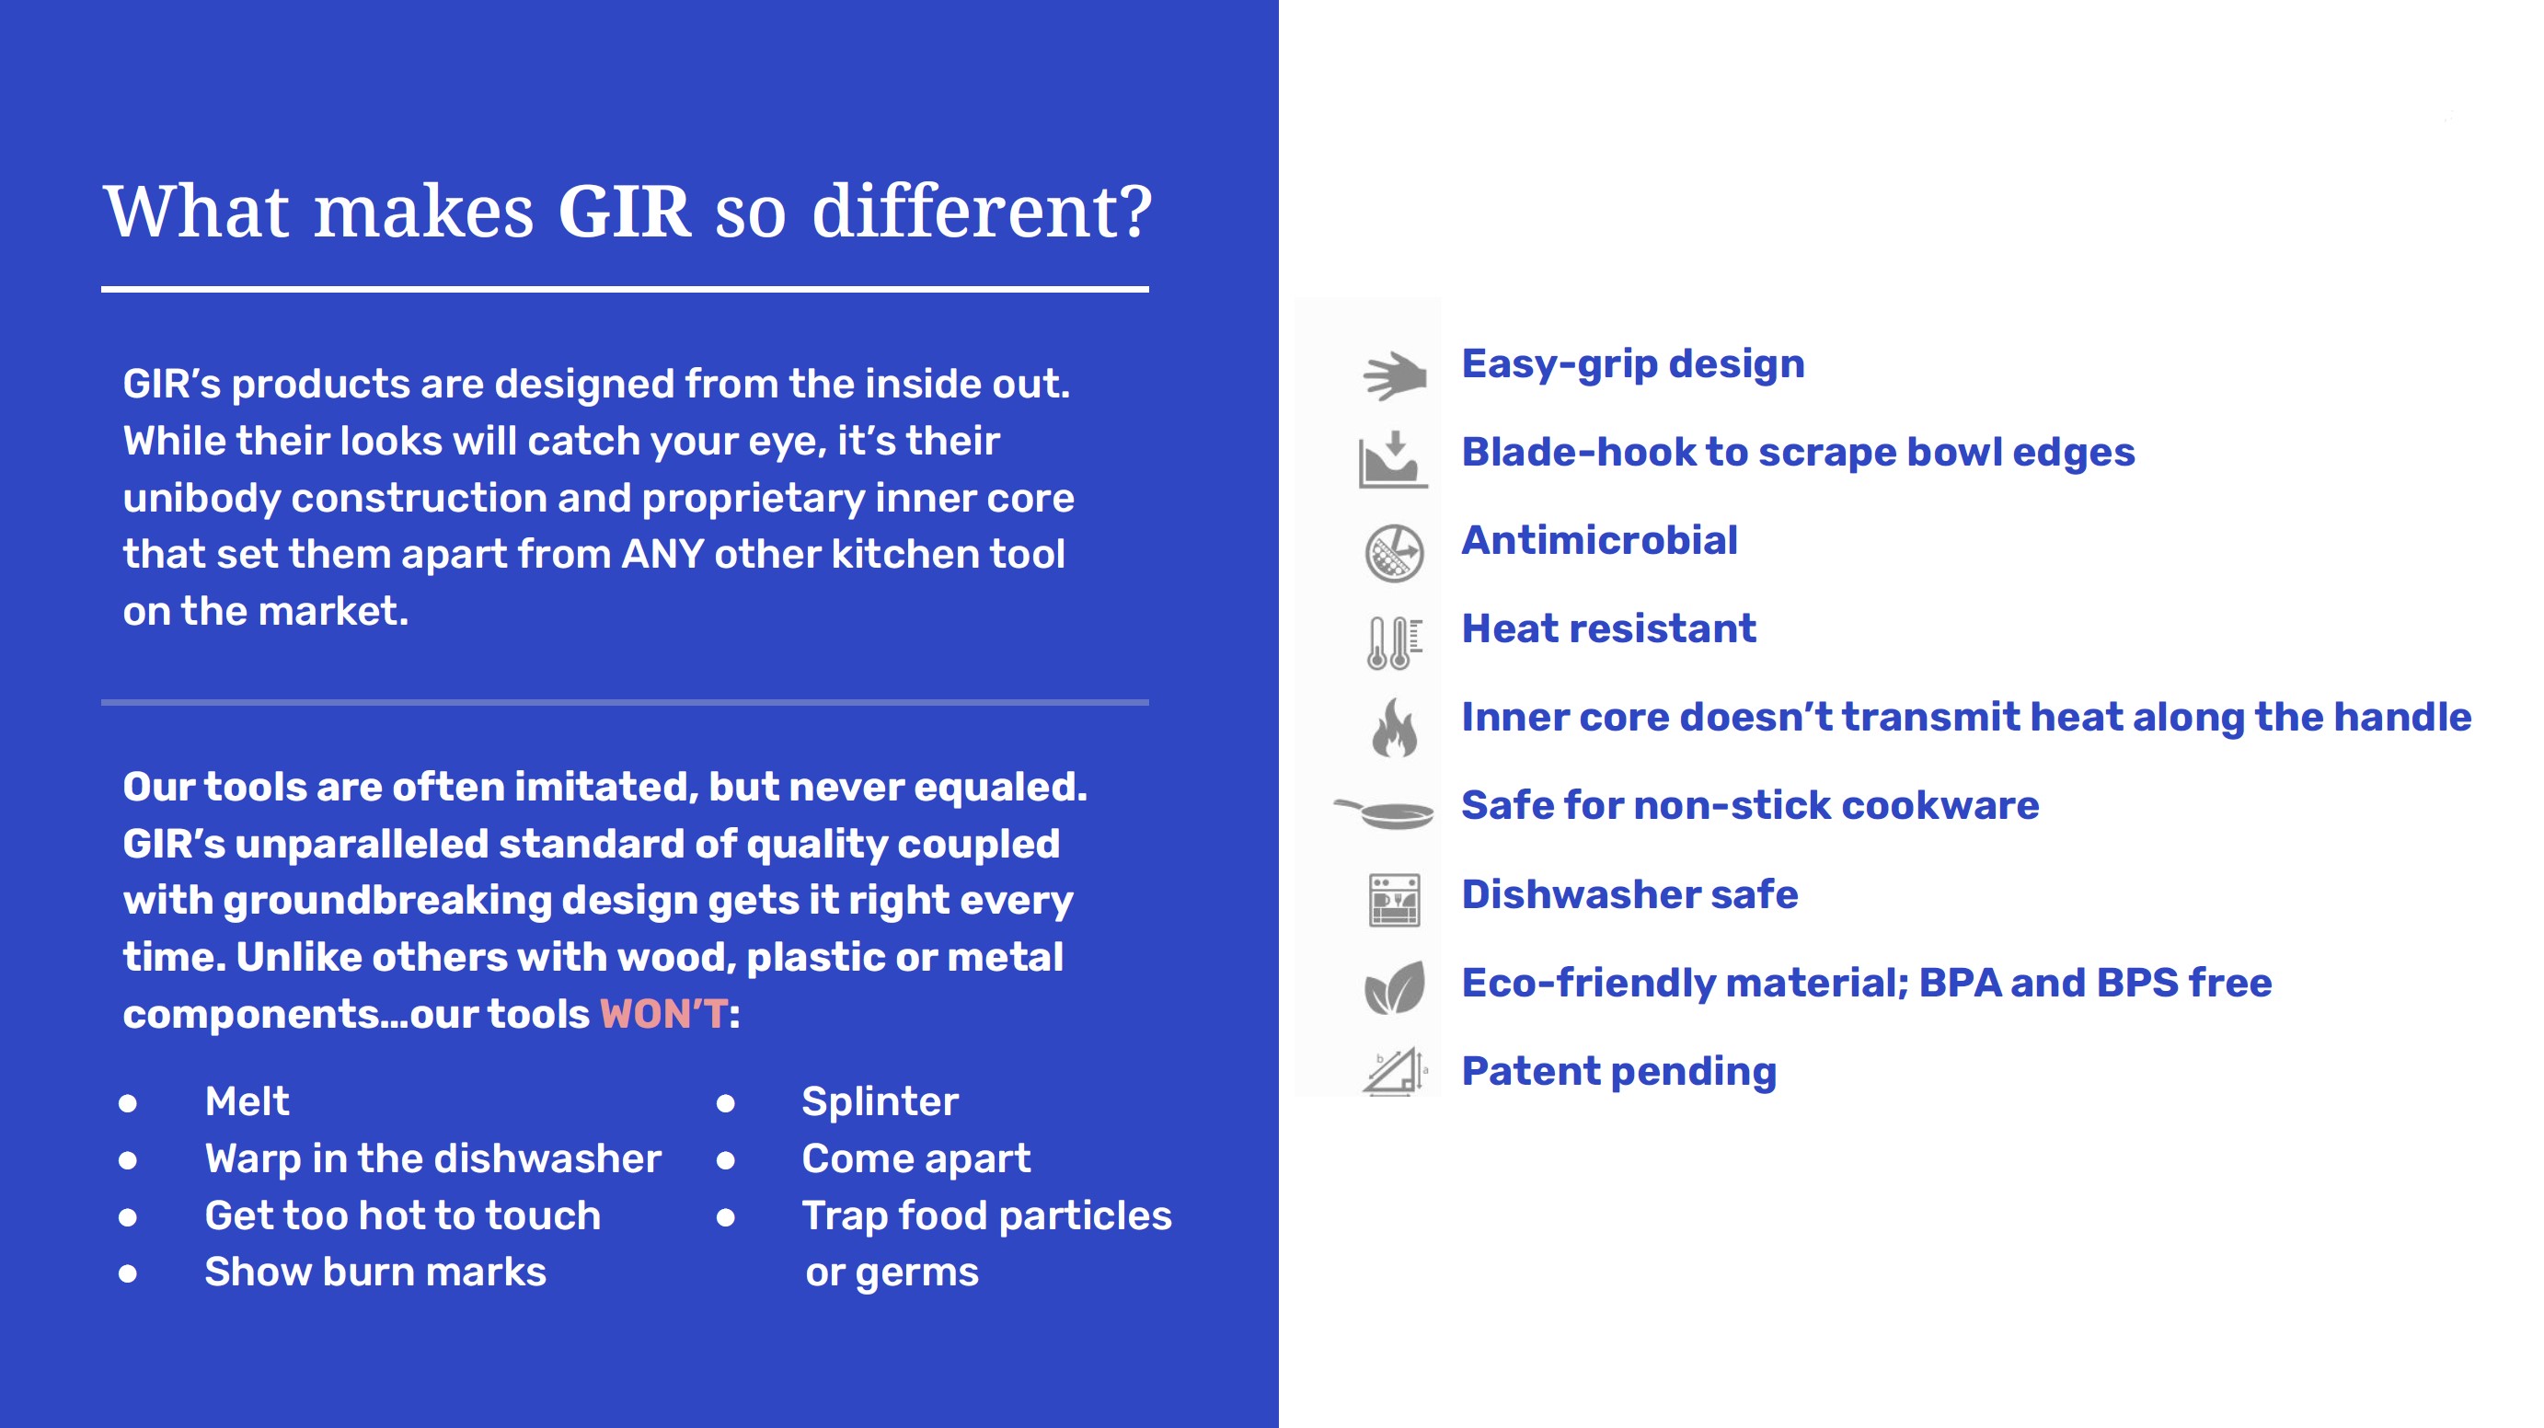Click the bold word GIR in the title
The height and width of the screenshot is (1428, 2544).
click(624, 212)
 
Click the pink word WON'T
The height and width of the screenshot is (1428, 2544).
click(663, 1014)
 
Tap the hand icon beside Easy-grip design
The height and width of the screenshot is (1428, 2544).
click(1395, 375)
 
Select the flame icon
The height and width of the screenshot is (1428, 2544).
click(1395, 728)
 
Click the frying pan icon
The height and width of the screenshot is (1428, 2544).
click(1384, 812)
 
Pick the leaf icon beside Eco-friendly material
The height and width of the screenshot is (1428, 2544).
click(1395, 987)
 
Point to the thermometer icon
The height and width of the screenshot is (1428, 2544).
click(1395, 643)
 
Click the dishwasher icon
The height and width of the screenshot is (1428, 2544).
click(1395, 900)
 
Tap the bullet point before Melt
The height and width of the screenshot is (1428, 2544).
click(127, 1103)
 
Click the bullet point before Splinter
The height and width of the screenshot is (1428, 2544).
click(726, 1103)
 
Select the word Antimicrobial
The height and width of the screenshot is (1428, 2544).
click(1599, 540)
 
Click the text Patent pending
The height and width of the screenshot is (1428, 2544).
click(1618, 1072)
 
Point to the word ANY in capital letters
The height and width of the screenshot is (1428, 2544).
click(662, 554)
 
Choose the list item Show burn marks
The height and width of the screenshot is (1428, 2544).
click(375, 1272)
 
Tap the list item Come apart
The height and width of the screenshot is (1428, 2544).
click(915, 1159)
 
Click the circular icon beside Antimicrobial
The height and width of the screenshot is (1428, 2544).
click(1395, 553)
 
